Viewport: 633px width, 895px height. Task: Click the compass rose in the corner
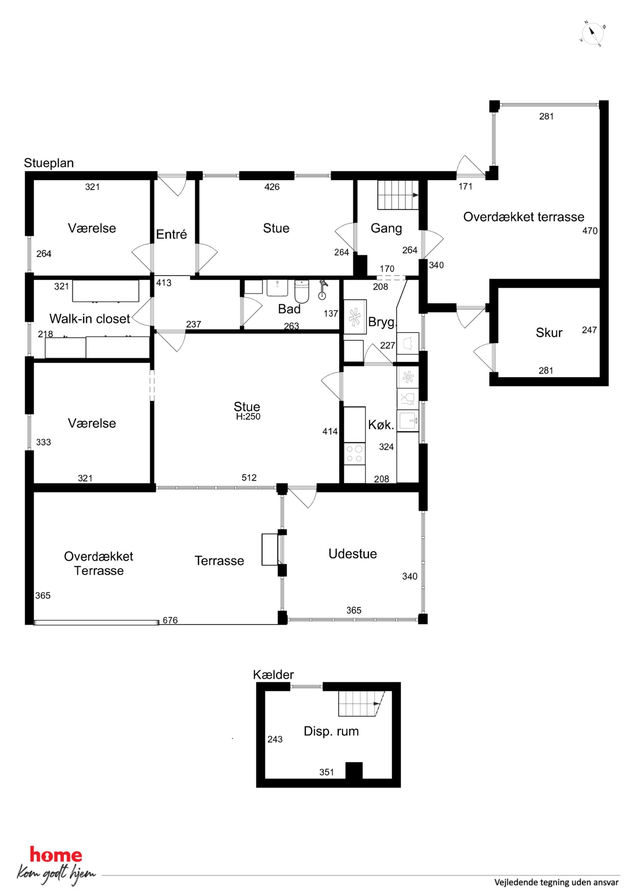coord(592,33)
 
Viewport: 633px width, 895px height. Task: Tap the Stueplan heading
coord(49,163)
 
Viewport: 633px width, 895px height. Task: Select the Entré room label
coord(171,234)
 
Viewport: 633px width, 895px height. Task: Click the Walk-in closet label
coord(90,319)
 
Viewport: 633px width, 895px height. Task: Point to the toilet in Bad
coord(302,291)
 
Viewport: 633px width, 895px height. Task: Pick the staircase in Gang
coord(398,195)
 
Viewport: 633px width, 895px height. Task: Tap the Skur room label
coord(549,333)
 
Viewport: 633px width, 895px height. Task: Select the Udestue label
coord(353,554)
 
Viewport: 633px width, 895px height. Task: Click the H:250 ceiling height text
coord(248,416)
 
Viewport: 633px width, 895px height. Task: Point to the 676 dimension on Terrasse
coord(170,620)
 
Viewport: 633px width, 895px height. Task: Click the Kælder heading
coord(273,675)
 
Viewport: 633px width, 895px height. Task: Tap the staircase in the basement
coord(361,704)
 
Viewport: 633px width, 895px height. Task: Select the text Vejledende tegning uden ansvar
coord(556,882)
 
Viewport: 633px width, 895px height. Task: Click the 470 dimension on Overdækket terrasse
coord(590,231)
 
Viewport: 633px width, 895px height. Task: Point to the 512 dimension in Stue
coord(249,477)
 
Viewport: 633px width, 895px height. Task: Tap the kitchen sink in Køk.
coord(407,420)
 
